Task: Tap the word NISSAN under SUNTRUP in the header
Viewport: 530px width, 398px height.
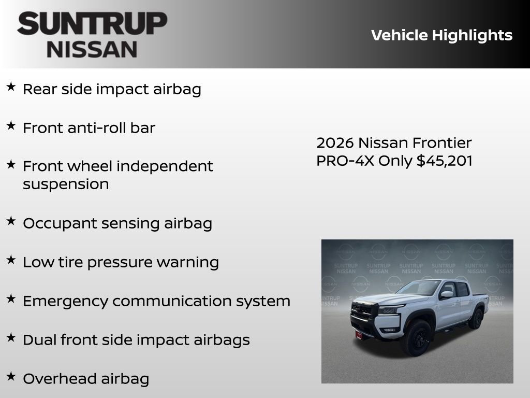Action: click(92, 49)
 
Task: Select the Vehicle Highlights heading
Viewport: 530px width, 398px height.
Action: click(441, 35)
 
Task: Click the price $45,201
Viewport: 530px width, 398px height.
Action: click(445, 161)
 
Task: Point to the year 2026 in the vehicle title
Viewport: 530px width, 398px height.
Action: click(335, 143)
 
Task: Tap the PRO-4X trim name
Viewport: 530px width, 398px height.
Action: click(345, 161)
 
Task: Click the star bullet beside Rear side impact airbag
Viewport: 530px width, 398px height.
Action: click(11, 87)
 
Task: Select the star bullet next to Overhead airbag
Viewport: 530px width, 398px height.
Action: click(11, 376)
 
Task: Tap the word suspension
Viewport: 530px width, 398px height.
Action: click(66, 184)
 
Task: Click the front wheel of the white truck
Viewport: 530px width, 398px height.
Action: click(418, 337)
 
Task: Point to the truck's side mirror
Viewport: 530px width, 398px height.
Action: click(446, 295)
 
